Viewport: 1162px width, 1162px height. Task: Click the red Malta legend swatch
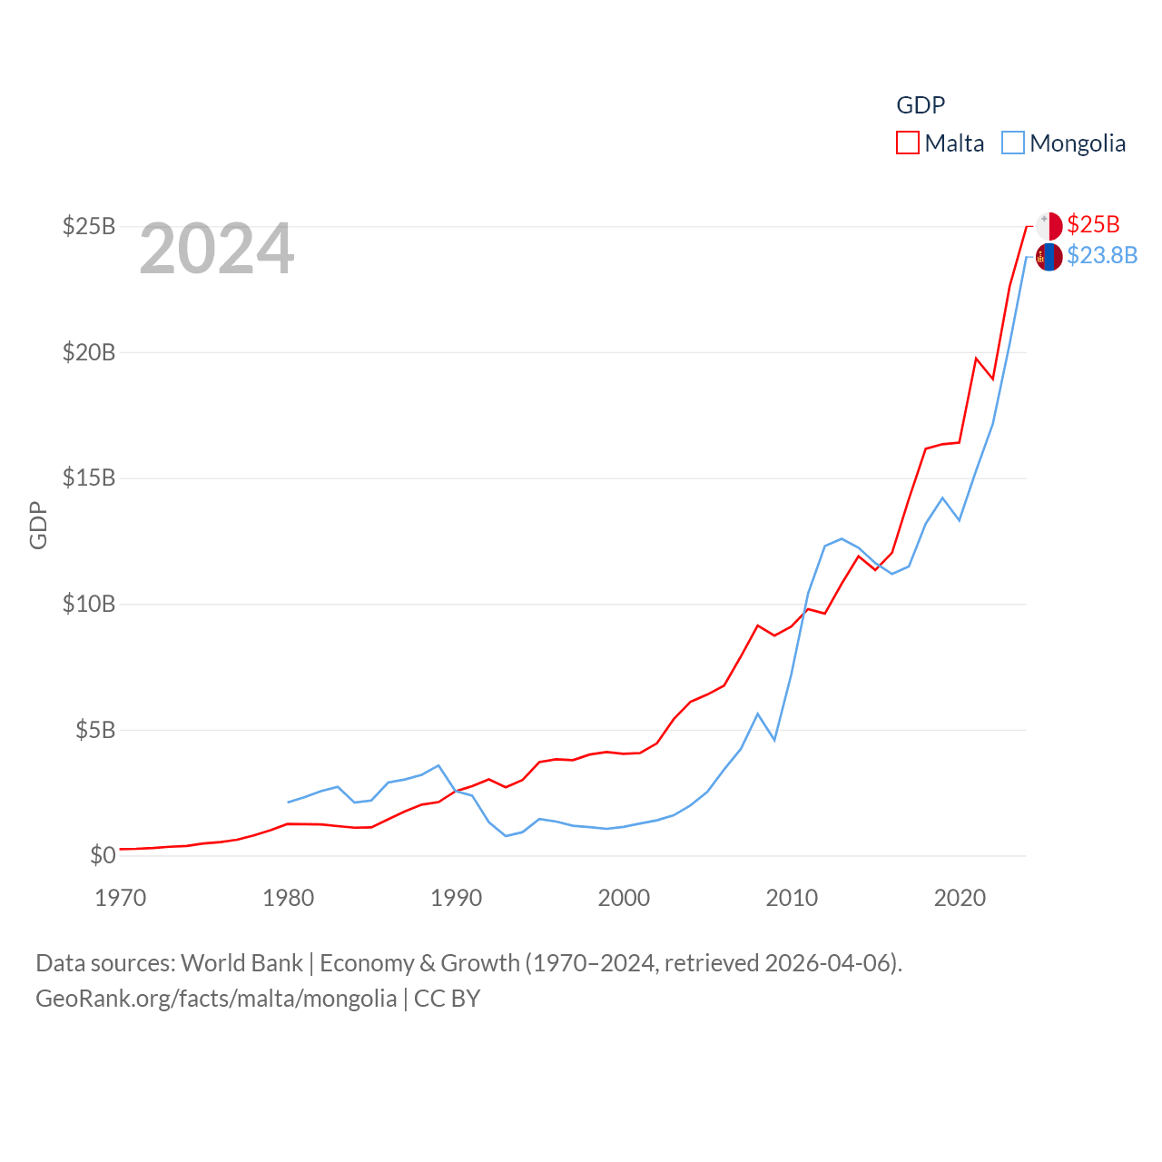[908, 143]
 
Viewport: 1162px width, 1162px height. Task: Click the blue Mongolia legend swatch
[1013, 143]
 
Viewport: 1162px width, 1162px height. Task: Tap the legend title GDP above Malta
[921, 105]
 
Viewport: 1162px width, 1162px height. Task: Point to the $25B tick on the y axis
[89, 226]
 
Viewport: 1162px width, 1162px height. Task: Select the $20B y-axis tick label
[89, 352]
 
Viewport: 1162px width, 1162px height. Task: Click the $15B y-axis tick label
[89, 478]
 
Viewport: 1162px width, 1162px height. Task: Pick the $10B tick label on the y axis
[89, 604]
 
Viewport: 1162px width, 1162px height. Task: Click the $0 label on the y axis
[103, 855]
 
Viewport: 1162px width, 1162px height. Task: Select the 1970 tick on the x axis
[121, 898]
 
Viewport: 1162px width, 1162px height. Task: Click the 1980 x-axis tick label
[288, 898]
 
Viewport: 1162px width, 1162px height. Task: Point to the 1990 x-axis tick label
[456, 898]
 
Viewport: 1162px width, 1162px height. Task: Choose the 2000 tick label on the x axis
[624, 898]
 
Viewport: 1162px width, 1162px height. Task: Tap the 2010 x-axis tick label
[792, 898]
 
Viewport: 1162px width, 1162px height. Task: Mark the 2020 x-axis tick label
[960, 898]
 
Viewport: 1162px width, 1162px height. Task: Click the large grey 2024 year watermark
[217, 248]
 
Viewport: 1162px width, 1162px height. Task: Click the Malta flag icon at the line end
[1049, 226]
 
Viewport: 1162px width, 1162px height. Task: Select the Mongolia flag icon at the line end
[1049, 257]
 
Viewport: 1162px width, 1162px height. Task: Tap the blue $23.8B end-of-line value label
[1102, 255]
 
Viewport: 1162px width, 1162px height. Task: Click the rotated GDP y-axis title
[38, 525]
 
